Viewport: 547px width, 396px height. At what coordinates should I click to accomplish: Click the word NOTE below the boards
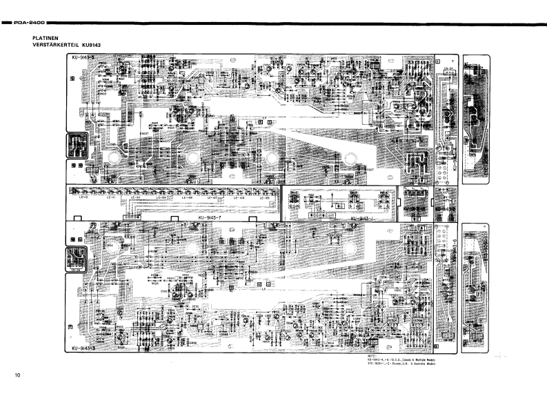click(372, 357)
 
